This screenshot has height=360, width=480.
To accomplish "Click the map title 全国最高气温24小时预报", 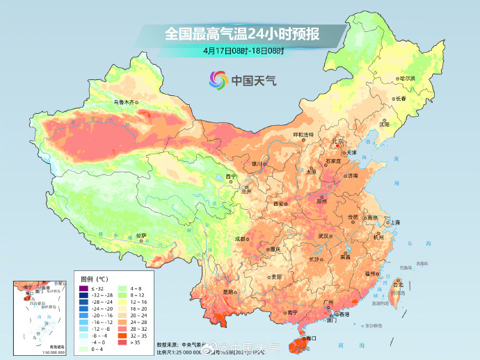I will (239, 33).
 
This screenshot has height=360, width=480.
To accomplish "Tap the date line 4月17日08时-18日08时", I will (239, 51).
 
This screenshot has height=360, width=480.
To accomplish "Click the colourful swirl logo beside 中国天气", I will (218, 80).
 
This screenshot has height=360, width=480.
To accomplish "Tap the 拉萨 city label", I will (142, 236).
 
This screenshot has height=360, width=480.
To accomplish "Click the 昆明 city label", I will (229, 292).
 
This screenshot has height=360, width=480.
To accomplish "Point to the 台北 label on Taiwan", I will (398, 285).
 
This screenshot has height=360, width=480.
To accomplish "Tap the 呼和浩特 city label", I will (303, 134).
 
